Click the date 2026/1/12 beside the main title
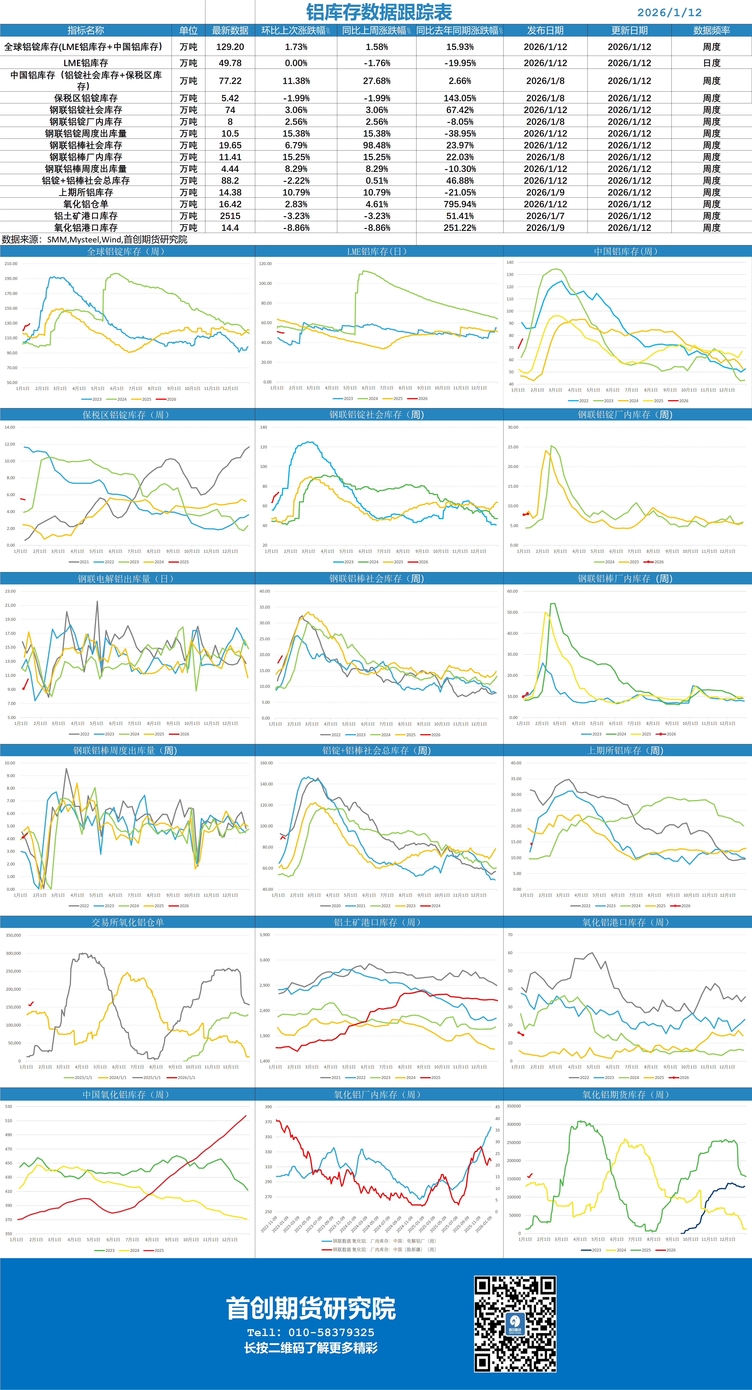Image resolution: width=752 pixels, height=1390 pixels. (669, 12)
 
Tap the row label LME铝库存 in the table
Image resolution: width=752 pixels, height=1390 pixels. (86, 63)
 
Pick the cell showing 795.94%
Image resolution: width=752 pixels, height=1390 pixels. (460, 204)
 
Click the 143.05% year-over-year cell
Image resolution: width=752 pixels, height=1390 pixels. (460, 98)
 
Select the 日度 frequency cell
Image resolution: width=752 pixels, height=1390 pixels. (711, 63)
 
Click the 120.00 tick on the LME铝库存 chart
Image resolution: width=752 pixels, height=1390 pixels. (265, 264)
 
